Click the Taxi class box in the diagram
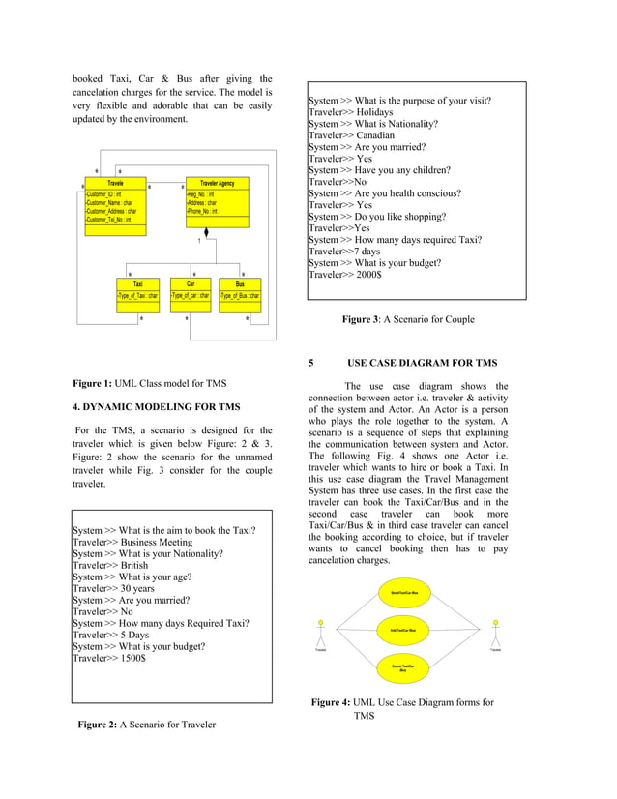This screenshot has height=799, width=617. [138, 290]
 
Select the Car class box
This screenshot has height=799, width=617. [191, 290]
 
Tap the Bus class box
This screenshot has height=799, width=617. [240, 290]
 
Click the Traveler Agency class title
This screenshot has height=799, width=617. [217, 183]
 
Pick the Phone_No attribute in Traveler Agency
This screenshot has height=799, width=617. [203, 211]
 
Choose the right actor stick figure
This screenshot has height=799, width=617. [496, 631]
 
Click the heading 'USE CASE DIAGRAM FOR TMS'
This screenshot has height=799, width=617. [422, 363]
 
